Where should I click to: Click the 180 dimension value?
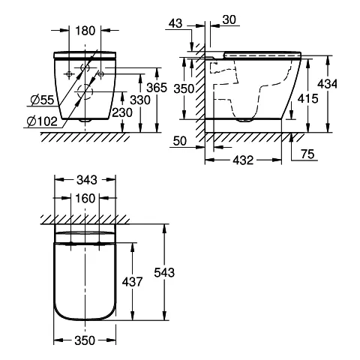(x=85, y=31)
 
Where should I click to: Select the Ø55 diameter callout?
(x=42, y=100)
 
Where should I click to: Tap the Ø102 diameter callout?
(x=42, y=121)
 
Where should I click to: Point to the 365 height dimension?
(x=157, y=88)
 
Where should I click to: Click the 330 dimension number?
(x=140, y=100)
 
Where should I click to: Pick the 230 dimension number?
(x=122, y=112)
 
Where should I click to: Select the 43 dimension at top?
(x=175, y=24)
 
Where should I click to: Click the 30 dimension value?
(x=229, y=19)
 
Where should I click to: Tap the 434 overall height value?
(x=327, y=84)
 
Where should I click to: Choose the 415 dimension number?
(x=308, y=99)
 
